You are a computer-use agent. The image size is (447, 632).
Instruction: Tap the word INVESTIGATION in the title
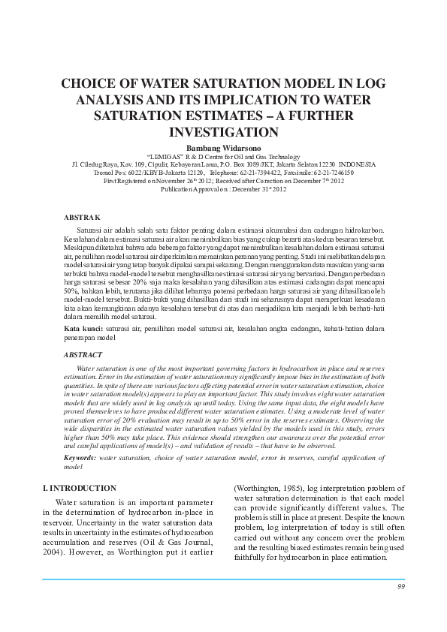tap(223, 132)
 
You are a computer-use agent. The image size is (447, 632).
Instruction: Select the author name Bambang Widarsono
tap(223, 146)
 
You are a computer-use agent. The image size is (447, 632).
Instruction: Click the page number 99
tap(401, 587)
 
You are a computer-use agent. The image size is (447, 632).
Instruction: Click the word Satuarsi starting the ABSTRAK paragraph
tap(91, 228)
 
